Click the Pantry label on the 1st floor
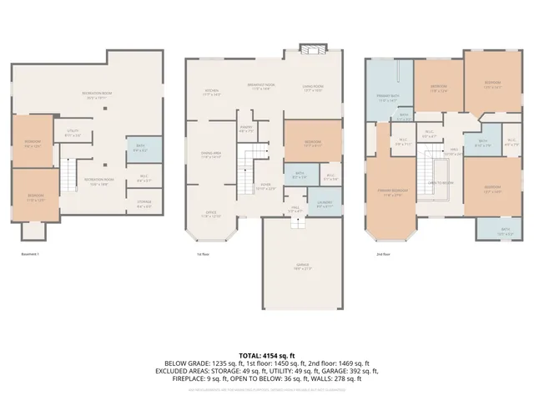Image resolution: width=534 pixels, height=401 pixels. (246, 130)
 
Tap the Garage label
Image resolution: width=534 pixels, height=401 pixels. (301, 266)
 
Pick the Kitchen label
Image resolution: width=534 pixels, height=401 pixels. (212, 93)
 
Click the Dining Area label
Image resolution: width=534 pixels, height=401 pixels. (211, 155)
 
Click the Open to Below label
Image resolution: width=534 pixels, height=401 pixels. (440, 182)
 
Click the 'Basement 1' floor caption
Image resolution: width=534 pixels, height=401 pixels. (30, 254)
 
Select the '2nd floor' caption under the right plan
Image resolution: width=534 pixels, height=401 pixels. (382, 254)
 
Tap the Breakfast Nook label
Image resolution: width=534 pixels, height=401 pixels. (264, 87)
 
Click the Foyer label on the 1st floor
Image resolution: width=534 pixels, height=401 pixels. (266, 187)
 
